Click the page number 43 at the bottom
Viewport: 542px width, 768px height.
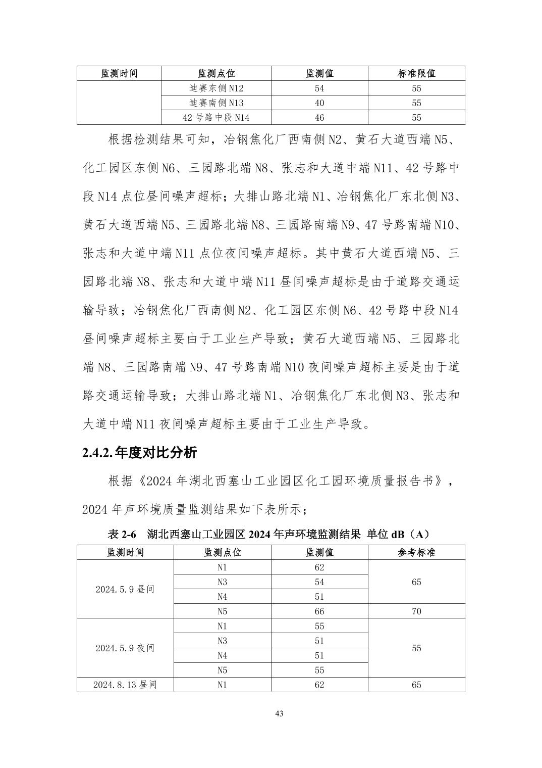tap(280, 713)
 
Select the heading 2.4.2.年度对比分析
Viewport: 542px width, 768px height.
tap(139, 452)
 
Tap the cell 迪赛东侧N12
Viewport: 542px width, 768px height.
tap(216, 88)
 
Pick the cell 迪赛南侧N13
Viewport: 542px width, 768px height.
tap(216, 103)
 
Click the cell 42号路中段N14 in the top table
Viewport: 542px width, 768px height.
tap(216, 118)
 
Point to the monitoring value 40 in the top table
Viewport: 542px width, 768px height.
tap(319, 103)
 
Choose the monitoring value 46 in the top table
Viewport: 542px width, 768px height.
tap(319, 118)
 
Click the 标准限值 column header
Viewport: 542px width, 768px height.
tap(416, 73)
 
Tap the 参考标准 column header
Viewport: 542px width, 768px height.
tap(416, 552)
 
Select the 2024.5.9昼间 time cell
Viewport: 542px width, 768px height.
tap(125, 589)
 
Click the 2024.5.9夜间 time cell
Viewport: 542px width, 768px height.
tap(125, 648)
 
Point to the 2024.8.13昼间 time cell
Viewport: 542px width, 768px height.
tap(125, 685)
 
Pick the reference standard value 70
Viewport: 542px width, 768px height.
tap(416, 611)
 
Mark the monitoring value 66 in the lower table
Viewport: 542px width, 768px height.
tap(319, 611)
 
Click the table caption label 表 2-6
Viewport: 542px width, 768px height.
tap(122, 534)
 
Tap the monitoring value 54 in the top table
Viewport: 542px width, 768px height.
tap(319, 88)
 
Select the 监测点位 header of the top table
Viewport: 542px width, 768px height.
tap(216, 73)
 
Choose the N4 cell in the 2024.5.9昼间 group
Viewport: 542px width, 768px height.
tap(222, 597)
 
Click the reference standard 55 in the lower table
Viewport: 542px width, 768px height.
tap(416, 648)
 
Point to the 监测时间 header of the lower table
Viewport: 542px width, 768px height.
tap(125, 552)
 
